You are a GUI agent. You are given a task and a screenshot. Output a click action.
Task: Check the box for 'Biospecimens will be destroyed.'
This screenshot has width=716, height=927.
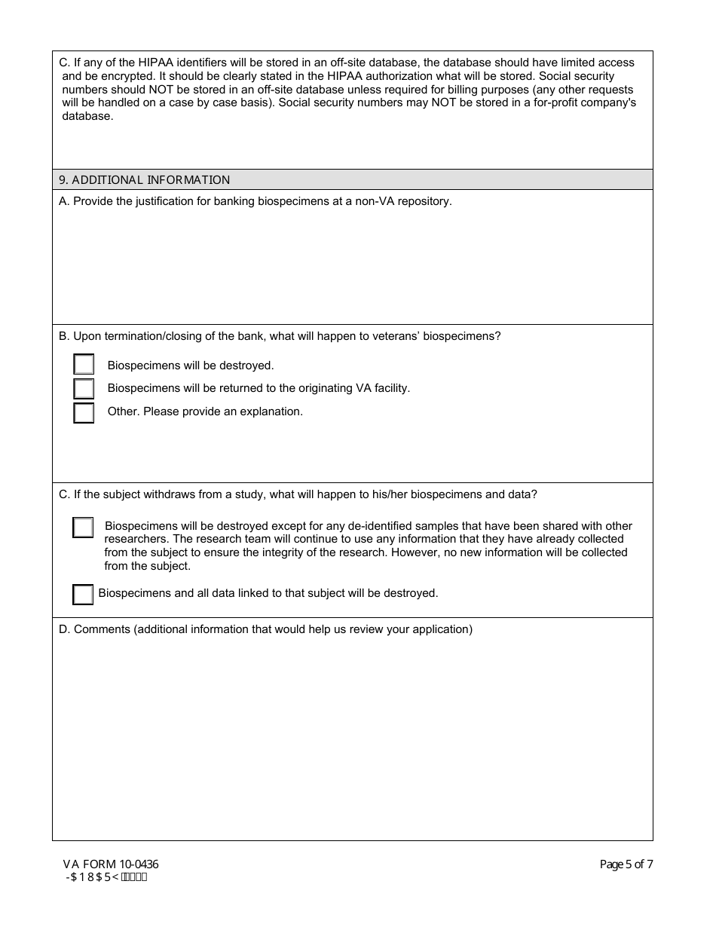point(84,365)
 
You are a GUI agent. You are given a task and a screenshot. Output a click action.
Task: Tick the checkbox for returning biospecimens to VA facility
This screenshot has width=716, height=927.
point(84,389)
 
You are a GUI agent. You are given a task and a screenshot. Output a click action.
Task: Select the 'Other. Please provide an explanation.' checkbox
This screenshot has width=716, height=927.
point(84,413)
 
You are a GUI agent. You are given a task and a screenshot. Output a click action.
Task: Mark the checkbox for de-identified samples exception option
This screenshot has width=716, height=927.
point(83,528)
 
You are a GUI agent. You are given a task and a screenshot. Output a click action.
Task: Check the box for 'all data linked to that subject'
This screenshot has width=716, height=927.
point(83,595)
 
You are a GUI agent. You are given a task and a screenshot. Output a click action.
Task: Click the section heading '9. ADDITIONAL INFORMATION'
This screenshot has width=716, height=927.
point(145,180)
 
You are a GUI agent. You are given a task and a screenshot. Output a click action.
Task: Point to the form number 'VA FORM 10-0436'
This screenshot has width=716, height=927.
point(111,864)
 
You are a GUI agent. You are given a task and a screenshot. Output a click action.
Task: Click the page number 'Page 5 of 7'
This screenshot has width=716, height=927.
point(626,864)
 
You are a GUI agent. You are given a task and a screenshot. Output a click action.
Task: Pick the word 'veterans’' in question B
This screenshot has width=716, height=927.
point(396,336)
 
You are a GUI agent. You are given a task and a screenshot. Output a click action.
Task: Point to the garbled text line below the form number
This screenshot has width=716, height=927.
point(107,877)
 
